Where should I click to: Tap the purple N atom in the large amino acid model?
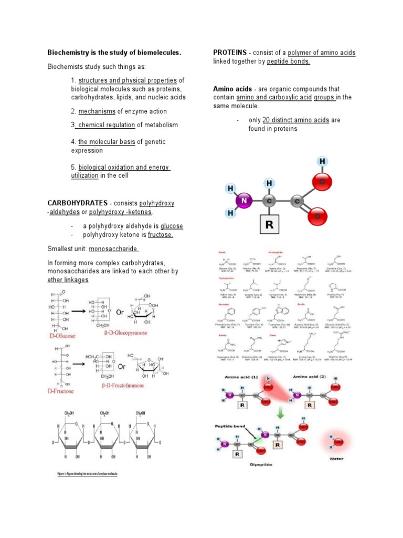click(243, 201)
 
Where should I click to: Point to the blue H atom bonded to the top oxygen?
click(323, 161)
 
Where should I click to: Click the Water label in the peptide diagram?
click(336, 459)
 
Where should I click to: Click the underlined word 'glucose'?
click(172, 226)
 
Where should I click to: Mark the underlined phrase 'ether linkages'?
click(68, 280)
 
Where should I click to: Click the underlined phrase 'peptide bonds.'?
click(288, 61)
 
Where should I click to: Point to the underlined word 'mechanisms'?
click(96, 111)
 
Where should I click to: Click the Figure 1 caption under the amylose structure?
click(88, 474)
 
